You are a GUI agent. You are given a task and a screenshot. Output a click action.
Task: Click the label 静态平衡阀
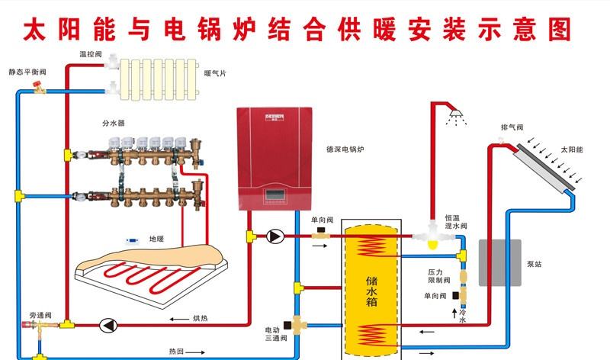(27, 73)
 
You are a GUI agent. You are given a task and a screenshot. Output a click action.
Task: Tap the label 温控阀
(90, 55)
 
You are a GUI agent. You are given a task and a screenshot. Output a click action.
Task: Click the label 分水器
(113, 122)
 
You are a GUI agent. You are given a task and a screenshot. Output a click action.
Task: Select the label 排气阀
(512, 127)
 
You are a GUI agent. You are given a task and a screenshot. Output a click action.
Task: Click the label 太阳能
(571, 150)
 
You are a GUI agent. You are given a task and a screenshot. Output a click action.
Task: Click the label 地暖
(156, 239)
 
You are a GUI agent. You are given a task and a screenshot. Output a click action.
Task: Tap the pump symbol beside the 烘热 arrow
(108, 325)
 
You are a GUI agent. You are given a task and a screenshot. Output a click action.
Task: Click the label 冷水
(462, 317)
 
